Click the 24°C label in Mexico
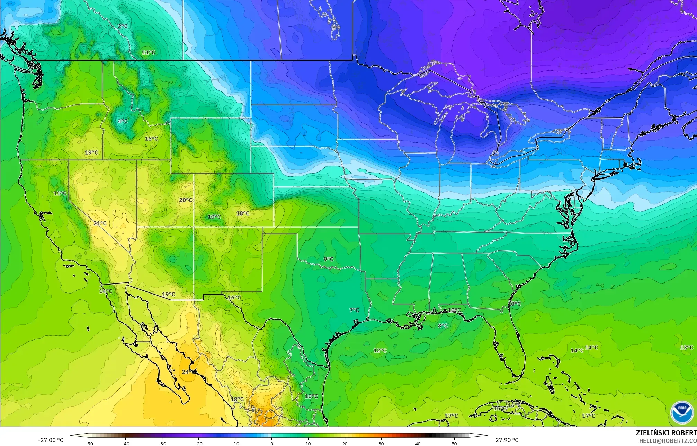(189, 372)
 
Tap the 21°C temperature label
(100, 223)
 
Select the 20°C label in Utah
(186, 200)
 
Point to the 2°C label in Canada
(123, 26)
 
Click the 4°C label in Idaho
(123, 121)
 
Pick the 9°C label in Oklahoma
(329, 259)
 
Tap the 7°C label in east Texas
(354, 310)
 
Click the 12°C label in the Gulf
(380, 350)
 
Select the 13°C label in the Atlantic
(687, 347)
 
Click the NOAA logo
(682, 412)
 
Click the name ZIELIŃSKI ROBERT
(666, 433)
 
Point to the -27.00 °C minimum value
(51, 440)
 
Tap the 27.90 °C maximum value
(507, 440)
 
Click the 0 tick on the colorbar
(271, 443)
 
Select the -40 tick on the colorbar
(125, 443)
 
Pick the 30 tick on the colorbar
(381, 443)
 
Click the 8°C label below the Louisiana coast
(443, 325)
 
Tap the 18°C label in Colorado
(243, 213)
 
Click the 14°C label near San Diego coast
(106, 291)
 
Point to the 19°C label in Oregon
(91, 152)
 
